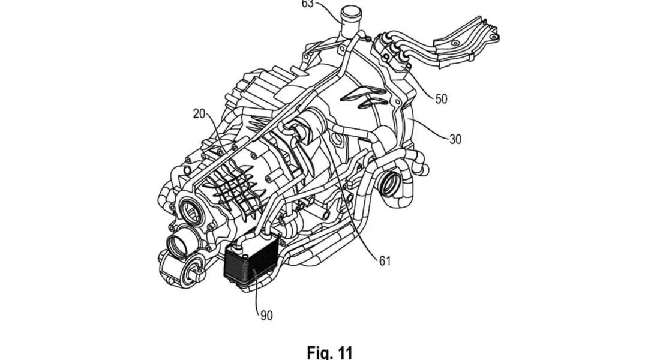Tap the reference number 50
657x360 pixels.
[441, 99]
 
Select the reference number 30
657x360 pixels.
[455, 139]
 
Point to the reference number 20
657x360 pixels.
[199, 113]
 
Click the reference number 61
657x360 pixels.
[385, 260]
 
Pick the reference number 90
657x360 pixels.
[266, 315]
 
